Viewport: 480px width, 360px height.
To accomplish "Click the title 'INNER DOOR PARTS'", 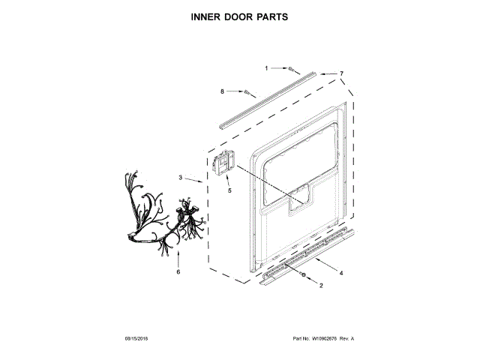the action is (x=239, y=15).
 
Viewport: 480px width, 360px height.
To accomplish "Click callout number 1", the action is (x=265, y=68).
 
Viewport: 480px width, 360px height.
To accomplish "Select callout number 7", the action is (x=341, y=73).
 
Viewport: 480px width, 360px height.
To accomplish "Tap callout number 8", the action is (x=222, y=91).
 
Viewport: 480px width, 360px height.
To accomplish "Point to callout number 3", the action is (x=181, y=177).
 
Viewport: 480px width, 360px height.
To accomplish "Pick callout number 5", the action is (x=229, y=190).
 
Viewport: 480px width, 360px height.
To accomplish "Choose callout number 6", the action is (x=178, y=271).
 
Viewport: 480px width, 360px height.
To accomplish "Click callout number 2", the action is (x=321, y=286).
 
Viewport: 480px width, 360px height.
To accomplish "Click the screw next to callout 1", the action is (x=289, y=68).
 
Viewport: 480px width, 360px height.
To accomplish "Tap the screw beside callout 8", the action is (x=246, y=91).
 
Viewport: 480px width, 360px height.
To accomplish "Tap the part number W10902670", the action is (x=326, y=339).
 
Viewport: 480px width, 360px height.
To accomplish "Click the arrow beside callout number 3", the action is (x=194, y=180).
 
